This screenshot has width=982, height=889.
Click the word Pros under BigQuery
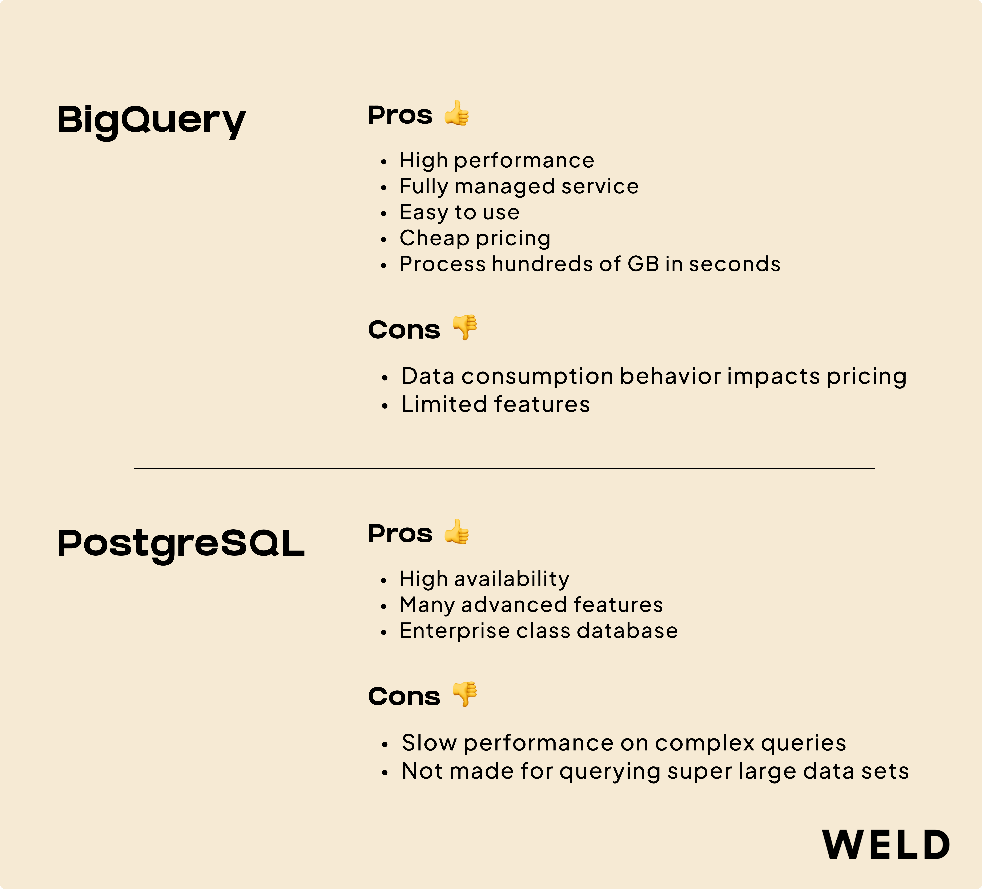point(400,116)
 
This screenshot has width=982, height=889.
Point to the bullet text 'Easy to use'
point(459,212)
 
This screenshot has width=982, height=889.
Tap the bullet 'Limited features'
point(495,404)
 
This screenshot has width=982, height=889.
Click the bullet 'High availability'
point(484,579)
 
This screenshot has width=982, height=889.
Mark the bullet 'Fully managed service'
point(519,187)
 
